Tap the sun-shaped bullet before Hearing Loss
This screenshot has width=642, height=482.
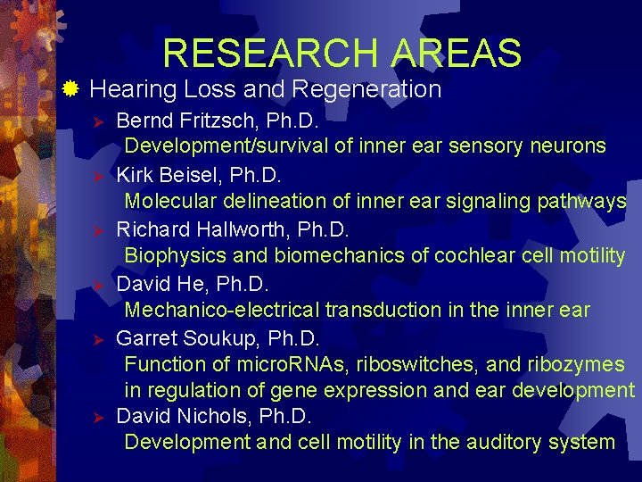click(x=72, y=88)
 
